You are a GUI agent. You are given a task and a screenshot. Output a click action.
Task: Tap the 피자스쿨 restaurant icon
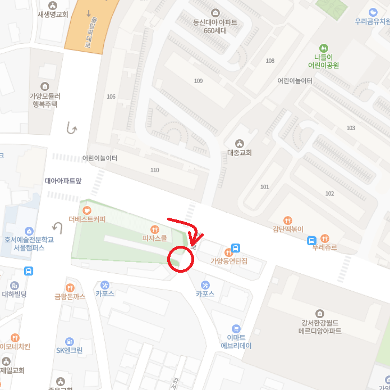click(x=154, y=229)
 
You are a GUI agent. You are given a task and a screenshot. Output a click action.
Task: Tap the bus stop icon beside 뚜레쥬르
click(x=311, y=241)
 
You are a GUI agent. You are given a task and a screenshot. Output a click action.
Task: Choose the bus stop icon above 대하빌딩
click(x=29, y=271)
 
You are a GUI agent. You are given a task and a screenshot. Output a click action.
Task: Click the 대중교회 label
click(x=240, y=152)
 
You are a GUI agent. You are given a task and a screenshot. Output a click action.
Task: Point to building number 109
click(x=198, y=81)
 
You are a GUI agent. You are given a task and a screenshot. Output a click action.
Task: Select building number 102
click(x=329, y=194)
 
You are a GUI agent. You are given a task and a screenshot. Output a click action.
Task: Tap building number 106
click(x=111, y=97)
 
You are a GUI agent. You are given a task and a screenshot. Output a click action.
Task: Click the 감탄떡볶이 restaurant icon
click(x=287, y=221)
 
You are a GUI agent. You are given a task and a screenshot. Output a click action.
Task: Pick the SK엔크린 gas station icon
click(x=69, y=341)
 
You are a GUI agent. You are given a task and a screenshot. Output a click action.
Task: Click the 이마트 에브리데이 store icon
click(x=236, y=329)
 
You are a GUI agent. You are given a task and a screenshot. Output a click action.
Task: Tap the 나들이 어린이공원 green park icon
click(x=323, y=48)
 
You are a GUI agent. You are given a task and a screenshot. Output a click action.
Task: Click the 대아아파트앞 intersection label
click(x=63, y=181)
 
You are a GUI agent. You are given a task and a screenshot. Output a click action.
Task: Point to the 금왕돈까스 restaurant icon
click(x=70, y=288)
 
